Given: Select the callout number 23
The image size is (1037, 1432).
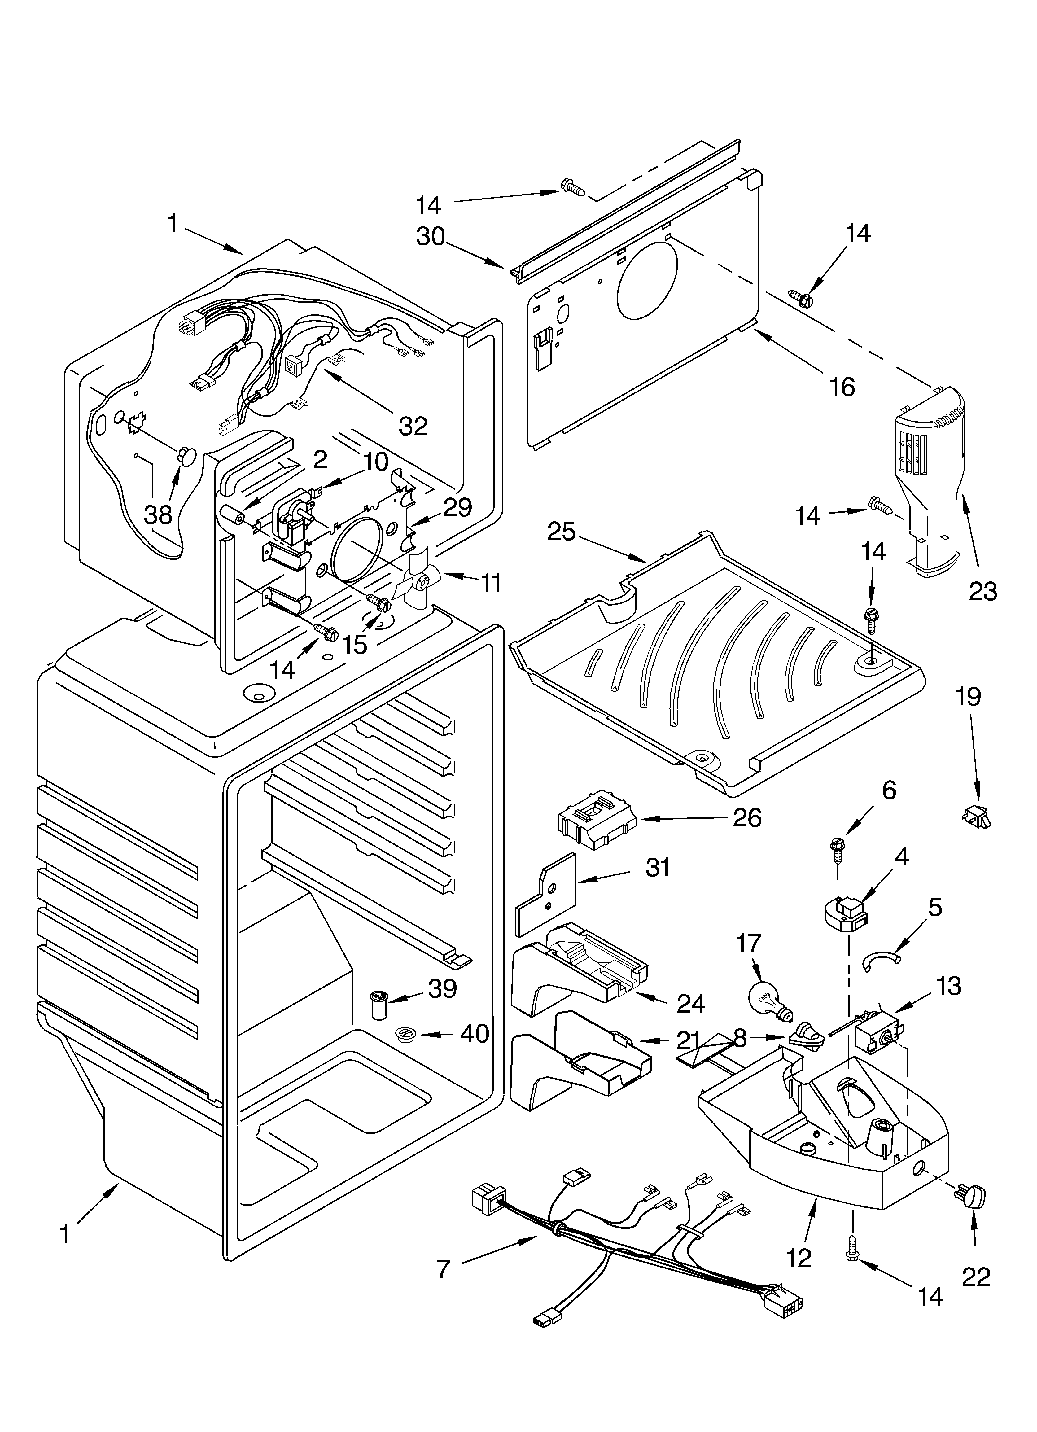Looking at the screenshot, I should [x=983, y=592].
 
